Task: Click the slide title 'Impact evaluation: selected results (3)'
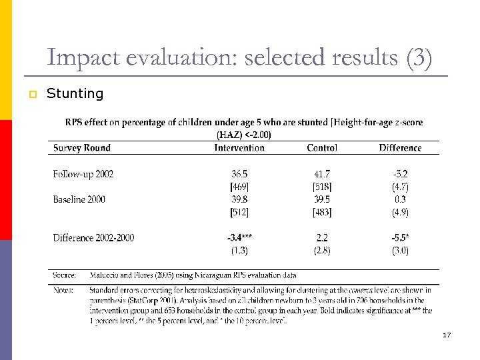pos(239,58)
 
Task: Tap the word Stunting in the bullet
pos(75,94)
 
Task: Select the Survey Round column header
pos(82,147)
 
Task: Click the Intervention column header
pos(239,147)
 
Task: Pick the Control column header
pos(322,147)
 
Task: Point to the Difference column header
pos(400,147)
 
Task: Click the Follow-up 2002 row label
pos(83,174)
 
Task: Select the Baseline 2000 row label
pos(79,199)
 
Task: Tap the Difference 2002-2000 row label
pos(93,237)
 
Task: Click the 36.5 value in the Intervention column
pos(239,174)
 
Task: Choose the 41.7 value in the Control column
pos(322,174)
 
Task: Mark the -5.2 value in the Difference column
pos(400,174)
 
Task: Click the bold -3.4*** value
pos(239,237)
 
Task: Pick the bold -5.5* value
pos(400,237)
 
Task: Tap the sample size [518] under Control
pos(322,187)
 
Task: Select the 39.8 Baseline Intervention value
pos(239,199)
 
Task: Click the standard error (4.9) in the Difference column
pos(400,212)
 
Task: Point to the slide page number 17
pos(447,335)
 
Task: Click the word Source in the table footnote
pos(65,275)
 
